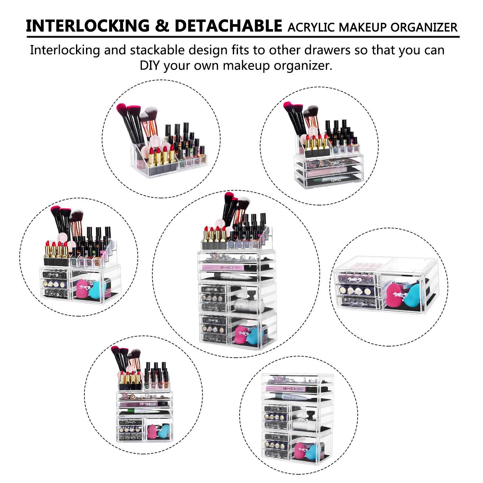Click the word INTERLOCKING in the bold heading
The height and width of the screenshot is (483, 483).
(x=88, y=26)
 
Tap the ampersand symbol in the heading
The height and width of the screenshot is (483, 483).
(x=162, y=26)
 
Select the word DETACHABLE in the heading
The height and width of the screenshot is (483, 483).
(x=228, y=26)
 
